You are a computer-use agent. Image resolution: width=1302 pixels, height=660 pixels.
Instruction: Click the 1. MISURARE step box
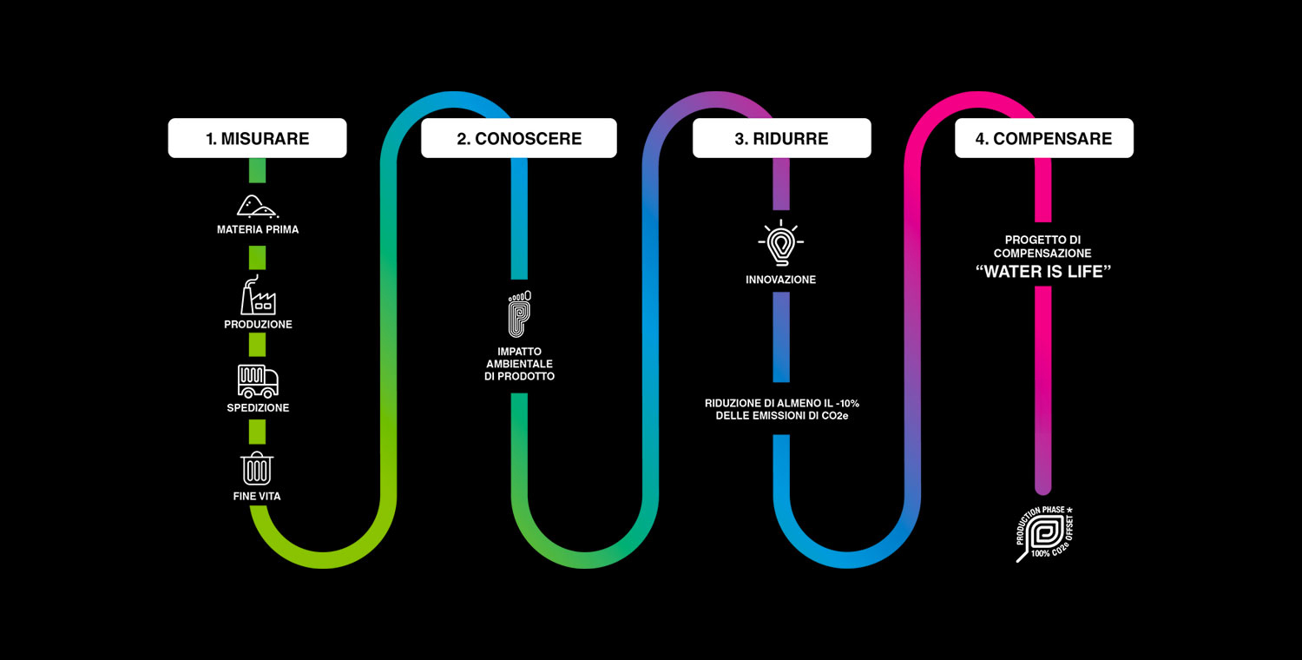click(258, 138)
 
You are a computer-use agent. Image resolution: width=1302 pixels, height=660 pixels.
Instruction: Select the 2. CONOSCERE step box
click(519, 138)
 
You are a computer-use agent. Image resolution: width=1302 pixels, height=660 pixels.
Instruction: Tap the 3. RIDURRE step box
click(782, 138)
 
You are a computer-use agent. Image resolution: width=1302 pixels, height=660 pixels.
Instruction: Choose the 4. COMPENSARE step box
click(1044, 138)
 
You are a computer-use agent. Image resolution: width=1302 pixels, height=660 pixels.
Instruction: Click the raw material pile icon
click(258, 207)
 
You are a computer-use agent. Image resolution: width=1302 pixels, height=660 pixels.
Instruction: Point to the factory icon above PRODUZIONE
click(258, 295)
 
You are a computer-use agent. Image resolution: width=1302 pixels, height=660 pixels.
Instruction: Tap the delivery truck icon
click(258, 381)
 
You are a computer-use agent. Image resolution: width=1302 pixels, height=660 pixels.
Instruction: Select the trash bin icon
click(257, 469)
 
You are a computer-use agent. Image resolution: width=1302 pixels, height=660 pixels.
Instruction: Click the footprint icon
click(520, 314)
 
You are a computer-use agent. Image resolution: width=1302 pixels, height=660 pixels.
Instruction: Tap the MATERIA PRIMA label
click(258, 229)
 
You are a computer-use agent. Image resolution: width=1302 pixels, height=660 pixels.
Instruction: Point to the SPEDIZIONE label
click(258, 408)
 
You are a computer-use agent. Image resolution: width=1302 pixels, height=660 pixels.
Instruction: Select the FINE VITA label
click(257, 497)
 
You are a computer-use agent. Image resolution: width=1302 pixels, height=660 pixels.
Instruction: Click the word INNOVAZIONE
click(780, 280)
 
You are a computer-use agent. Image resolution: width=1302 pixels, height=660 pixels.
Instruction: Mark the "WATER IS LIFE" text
click(1043, 272)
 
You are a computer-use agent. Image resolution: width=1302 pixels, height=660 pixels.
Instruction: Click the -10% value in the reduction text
click(847, 404)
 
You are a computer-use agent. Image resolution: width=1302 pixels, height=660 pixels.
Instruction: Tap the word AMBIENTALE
click(520, 364)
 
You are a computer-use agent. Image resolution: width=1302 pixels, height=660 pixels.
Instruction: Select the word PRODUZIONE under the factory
click(258, 325)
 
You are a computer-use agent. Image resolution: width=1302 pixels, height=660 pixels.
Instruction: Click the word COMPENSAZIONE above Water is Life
click(1042, 254)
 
